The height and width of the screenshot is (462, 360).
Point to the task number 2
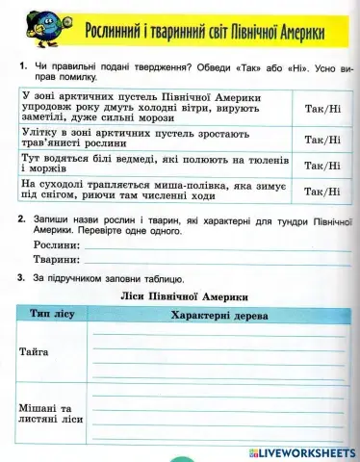20,220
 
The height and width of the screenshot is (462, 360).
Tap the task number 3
20,279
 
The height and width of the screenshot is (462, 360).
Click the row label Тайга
35,352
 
